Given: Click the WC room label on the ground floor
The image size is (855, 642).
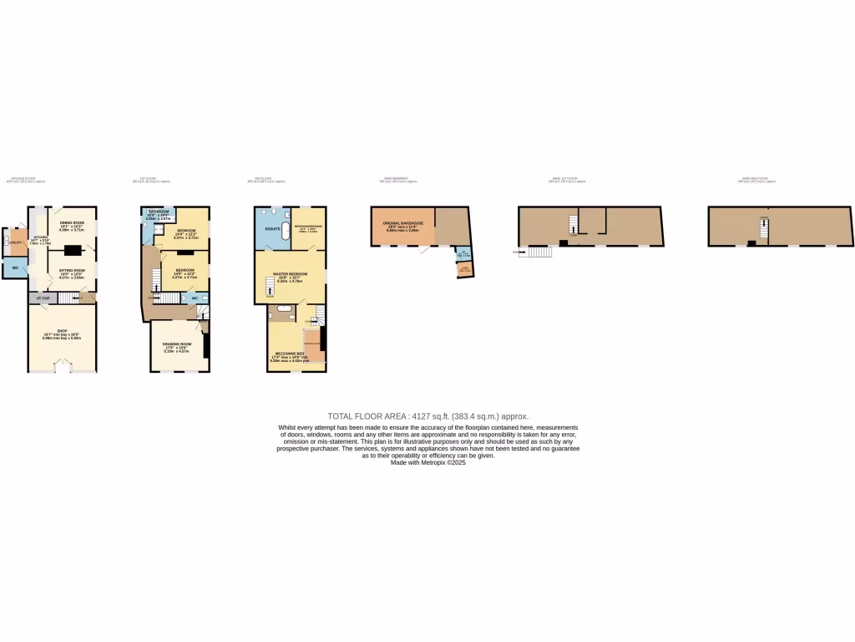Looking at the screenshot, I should (x=14, y=267).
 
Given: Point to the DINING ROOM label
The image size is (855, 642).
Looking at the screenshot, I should (x=73, y=222).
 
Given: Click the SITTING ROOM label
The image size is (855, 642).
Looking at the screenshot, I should (x=71, y=272).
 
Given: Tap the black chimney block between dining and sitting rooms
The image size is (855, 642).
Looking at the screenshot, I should (x=74, y=249).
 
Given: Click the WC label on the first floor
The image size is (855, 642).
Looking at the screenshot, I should (x=194, y=297).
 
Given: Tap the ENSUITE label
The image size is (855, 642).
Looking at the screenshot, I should (x=273, y=227).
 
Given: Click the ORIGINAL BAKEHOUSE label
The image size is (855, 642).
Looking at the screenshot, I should (x=403, y=223).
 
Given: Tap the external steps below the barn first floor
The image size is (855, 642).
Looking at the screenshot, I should (x=540, y=252).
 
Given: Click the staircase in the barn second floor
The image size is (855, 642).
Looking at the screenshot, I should (x=763, y=226).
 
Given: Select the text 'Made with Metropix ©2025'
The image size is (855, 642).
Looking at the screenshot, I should (x=427, y=462).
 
